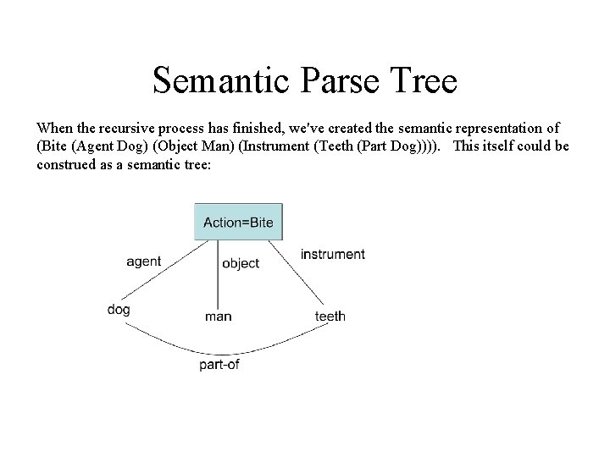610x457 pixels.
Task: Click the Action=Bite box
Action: coord(238,222)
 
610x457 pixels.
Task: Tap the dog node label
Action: coord(119,310)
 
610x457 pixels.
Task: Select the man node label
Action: coord(218,317)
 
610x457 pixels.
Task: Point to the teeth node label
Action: coord(330,317)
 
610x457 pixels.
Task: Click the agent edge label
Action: coord(143,262)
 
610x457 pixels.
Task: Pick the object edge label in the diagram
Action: coord(241,264)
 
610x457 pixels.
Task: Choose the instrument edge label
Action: coord(332,254)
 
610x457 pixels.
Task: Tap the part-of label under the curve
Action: coord(219,365)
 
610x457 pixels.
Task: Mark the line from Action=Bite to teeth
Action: coord(297,273)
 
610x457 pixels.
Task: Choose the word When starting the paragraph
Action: coord(55,128)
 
